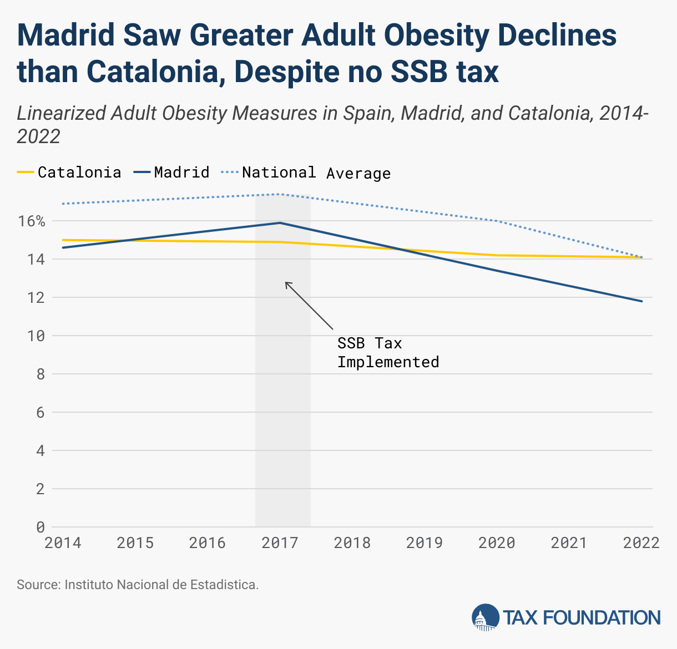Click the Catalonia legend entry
click(x=69, y=172)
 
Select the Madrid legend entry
click(x=172, y=172)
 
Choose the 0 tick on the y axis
click(x=40, y=527)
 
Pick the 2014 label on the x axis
click(x=63, y=542)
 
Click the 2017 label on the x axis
click(x=280, y=542)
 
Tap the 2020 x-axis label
click(x=497, y=542)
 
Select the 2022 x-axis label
click(x=641, y=542)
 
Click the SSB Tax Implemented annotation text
click(x=388, y=353)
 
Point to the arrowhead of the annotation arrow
click(x=286, y=282)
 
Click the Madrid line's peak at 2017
click(x=280, y=223)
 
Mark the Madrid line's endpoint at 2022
click(x=642, y=301)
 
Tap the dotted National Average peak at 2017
click(x=280, y=194)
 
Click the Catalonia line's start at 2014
click(x=63, y=240)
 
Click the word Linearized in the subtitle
click(x=61, y=113)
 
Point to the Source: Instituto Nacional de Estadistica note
click(x=138, y=584)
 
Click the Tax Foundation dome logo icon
click(x=485, y=617)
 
